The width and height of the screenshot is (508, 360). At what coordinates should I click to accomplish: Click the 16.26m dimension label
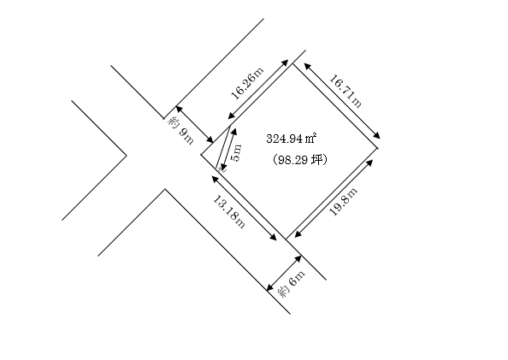point(248,83)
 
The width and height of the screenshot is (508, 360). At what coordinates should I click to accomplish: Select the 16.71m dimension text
point(346,91)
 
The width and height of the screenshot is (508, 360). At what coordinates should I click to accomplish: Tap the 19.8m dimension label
point(344,201)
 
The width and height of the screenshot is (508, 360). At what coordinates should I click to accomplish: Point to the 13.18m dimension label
point(228,211)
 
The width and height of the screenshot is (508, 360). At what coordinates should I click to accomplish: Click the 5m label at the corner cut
point(237,152)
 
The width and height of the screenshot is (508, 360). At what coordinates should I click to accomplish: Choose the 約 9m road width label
point(180,131)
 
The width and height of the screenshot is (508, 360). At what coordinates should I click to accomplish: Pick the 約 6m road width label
point(292,284)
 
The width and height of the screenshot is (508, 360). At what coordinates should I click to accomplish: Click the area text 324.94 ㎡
point(292,139)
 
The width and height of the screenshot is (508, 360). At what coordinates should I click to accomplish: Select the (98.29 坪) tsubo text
point(299,159)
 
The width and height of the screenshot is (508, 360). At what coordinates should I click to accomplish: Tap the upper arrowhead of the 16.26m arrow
point(285,62)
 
